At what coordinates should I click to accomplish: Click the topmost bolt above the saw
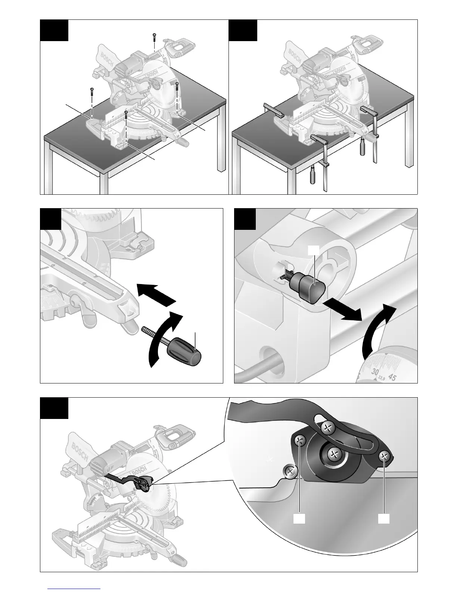pos(154,36)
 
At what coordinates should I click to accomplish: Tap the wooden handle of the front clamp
pos(313,175)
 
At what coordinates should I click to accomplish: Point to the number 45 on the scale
pos(392,377)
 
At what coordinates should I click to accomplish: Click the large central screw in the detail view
pos(333,454)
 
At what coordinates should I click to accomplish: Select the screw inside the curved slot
pos(328,427)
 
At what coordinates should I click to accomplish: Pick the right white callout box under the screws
pos(383,519)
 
